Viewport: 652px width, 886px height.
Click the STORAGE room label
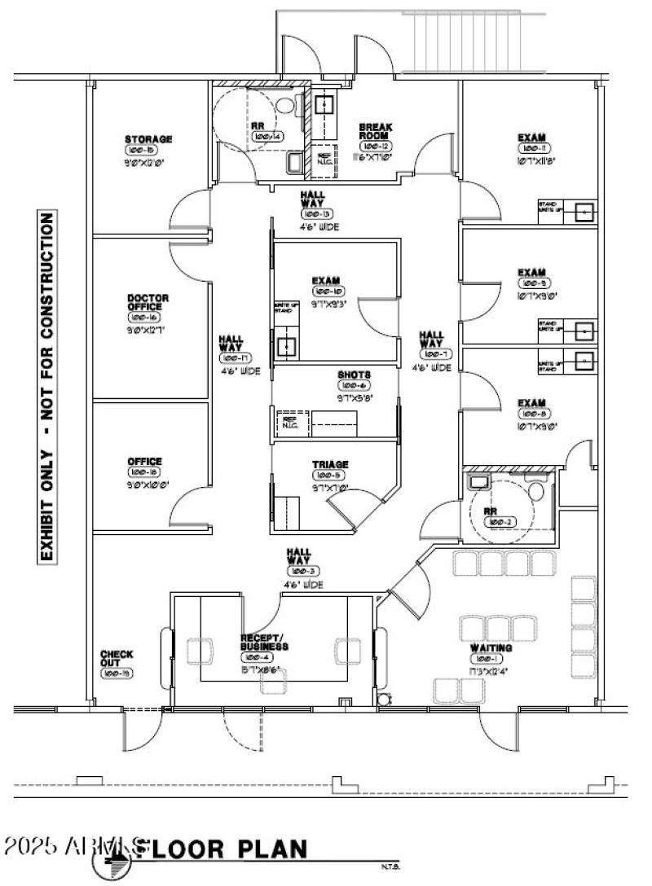[148, 139]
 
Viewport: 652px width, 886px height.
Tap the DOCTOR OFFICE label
[148, 303]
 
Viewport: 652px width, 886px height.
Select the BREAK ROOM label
[377, 132]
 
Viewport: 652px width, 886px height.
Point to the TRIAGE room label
[330, 464]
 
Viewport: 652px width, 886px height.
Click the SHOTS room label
[355, 375]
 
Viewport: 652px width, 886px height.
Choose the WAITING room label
[491, 647]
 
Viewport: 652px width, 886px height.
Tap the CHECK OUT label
[117, 659]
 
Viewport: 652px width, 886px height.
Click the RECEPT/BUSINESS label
[265, 642]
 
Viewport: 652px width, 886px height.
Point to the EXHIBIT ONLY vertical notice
[48, 388]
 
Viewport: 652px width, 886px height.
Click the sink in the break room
[324, 105]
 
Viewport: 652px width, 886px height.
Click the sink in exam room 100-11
[584, 212]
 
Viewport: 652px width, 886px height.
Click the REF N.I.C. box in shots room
[289, 421]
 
